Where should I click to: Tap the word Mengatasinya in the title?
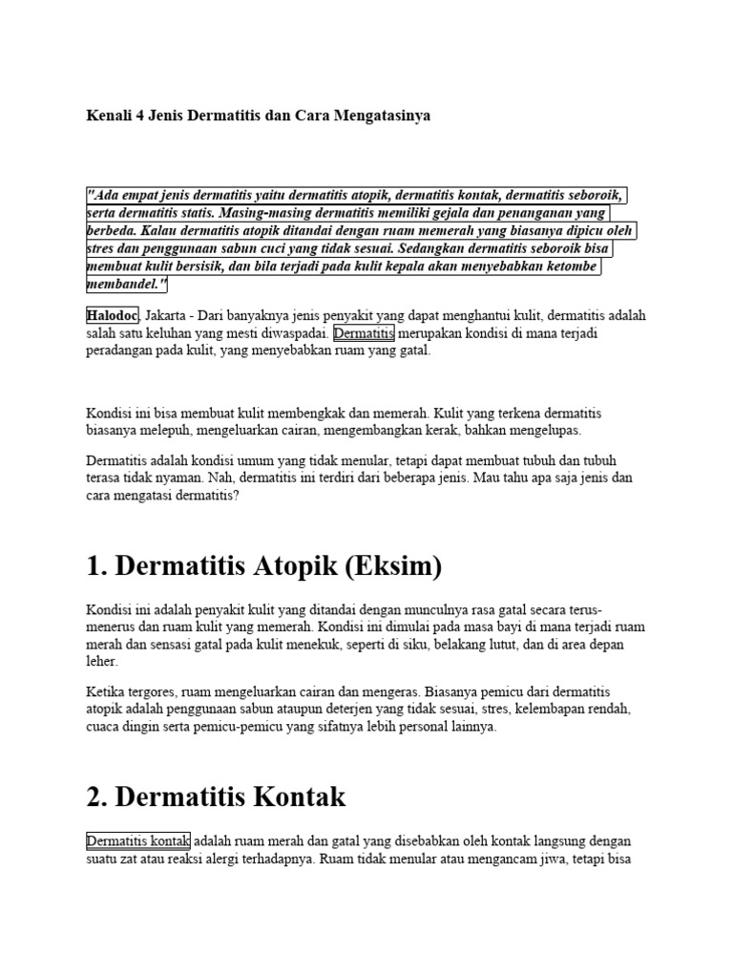click(x=381, y=116)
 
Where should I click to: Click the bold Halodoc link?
click(x=113, y=314)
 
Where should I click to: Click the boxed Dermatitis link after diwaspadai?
click(x=364, y=333)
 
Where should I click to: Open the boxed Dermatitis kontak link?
click(x=138, y=841)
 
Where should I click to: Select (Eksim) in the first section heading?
click(x=388, y=566)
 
